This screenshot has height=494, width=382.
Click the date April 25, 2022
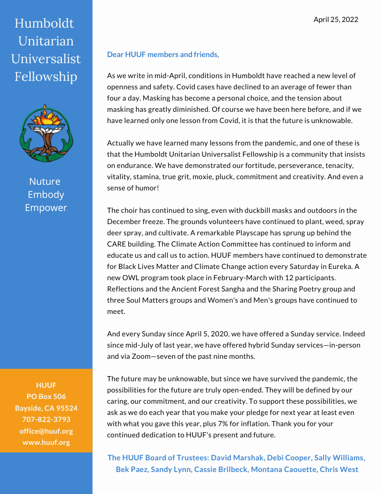(336, 19)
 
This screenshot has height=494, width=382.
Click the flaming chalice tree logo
(46, 133)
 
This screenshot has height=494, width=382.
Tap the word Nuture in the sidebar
(45, 182)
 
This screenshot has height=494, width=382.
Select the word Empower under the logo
(46, 208)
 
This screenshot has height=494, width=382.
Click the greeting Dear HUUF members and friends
(163, 55)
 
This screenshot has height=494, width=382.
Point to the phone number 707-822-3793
(46, 420)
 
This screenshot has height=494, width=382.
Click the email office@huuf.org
(46, 431)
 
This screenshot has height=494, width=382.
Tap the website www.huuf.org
(46, 442)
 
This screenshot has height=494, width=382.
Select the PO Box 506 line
(46, 397)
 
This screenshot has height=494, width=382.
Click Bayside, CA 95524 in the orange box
(46, 408)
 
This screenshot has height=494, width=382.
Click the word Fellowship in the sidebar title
(46, 76)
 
